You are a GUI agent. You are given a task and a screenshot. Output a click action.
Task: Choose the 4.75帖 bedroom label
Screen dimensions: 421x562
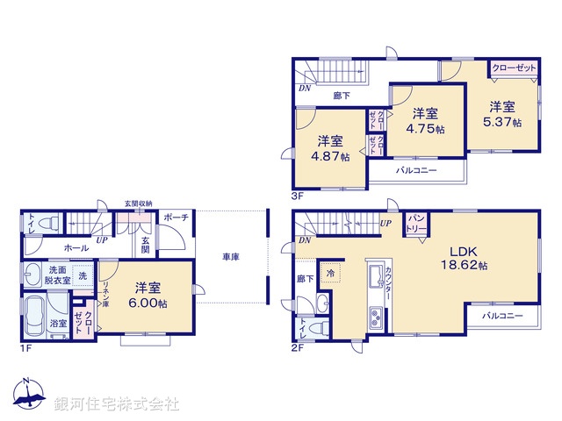[x=424, y=128]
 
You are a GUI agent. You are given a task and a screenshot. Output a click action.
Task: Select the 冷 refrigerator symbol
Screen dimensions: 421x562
[x=331, y=273]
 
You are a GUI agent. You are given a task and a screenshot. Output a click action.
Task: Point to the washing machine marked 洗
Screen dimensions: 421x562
[x=83, y=275]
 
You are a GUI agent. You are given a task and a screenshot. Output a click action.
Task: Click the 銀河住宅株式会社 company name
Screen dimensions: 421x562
[x=116, y=404]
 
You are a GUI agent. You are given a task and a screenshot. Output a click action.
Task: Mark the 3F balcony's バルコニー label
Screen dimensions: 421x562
[x=416, y=171]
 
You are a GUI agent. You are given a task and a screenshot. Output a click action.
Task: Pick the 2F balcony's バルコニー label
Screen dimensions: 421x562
[x=502, y=315]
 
